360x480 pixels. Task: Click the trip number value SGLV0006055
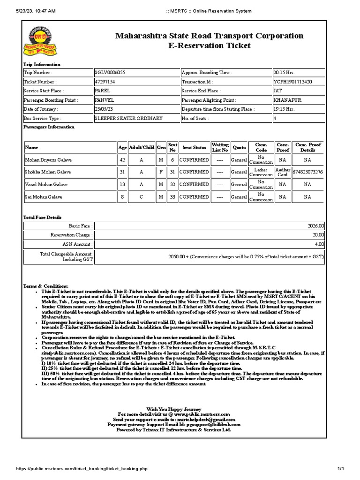tap(110, 73)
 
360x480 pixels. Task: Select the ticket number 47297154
tap(105, 82)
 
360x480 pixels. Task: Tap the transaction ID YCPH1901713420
tap(292, 82)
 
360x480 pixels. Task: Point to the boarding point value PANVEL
tap(104, 100)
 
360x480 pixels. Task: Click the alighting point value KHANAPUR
tap(287, 100)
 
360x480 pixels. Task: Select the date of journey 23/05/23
tap(105, 109)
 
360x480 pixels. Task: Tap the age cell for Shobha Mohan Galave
tap(122, 172)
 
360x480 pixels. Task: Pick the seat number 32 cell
tap(172, 185)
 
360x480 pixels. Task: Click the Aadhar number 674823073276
tap(307, 172)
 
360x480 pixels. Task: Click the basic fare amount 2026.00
tap(316, 225)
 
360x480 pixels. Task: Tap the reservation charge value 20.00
tap(318, 235)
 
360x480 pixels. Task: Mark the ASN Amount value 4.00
tap(319, 244)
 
